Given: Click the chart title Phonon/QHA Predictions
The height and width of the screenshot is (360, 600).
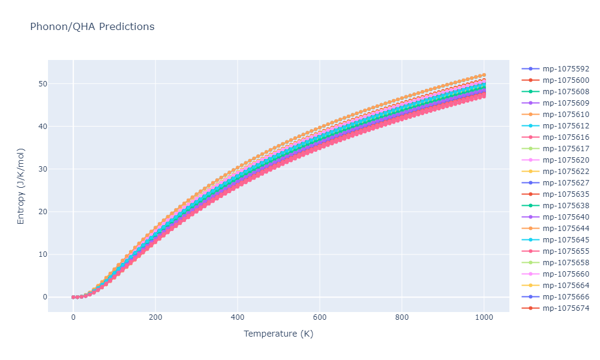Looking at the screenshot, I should [92, 26].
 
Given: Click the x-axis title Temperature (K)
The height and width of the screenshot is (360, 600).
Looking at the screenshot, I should [278, 334].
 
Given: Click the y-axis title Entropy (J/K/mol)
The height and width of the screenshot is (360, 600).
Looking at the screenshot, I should [21, 186].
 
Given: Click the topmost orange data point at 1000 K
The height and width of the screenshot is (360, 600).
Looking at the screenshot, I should [484, 75].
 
